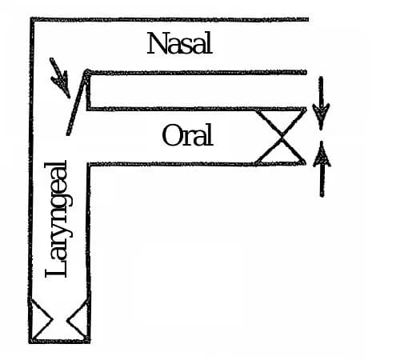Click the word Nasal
click(179, 43)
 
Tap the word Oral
click(187, 135)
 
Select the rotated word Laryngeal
click(58, 219)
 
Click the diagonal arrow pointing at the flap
click(60, 78)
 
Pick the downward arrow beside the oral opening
click(321, 103)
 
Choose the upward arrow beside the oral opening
click(322, 169)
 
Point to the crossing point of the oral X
click(282, 137)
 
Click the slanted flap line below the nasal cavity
click(77, 103)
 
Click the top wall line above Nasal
click(170, 19)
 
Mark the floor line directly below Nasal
click(197, 72)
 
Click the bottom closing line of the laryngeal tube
click(59, 341)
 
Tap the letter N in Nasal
click(157, 43)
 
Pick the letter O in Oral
click(171, 135)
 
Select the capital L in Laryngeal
click(55, 267)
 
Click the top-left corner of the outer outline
click(32, 19)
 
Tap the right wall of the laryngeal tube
click(88, 252)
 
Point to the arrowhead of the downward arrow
click(321, 112)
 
